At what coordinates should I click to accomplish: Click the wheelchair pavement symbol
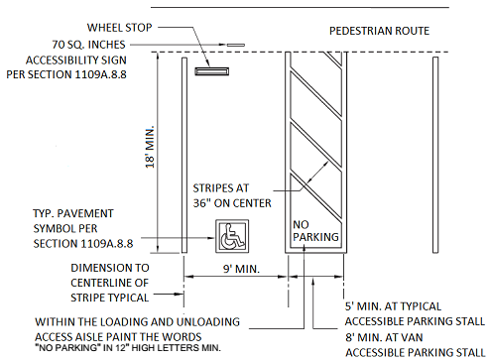(232, 236)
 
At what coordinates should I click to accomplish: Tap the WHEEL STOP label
(119, 28)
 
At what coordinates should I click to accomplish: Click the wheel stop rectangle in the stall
(211, 71)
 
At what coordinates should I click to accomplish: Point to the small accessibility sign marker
(235, 45)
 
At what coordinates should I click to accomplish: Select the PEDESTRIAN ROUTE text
(379, 31)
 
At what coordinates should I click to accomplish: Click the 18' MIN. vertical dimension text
(150, 147)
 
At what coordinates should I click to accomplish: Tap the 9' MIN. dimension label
(241, 269)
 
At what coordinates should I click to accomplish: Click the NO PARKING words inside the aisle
(315, 231)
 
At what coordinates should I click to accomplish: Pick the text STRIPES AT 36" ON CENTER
(232, 195)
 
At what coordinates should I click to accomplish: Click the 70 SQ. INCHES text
(88, 45)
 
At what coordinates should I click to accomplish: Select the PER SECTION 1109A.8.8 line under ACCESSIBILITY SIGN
(66, 74)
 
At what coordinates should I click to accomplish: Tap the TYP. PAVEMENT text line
(73, 213)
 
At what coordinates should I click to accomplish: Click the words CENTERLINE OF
(109, 283)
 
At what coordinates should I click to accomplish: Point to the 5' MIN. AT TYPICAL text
(393, 306)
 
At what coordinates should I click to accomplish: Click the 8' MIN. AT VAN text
(384, 337)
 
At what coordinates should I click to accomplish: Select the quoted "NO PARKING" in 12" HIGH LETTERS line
(128, 348)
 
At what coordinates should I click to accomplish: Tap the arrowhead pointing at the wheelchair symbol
(211, 238)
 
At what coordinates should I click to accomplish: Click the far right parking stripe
(435, 155)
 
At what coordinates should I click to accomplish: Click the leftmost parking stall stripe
(184, 155)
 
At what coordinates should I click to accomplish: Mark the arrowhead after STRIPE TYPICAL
(180, 294)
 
